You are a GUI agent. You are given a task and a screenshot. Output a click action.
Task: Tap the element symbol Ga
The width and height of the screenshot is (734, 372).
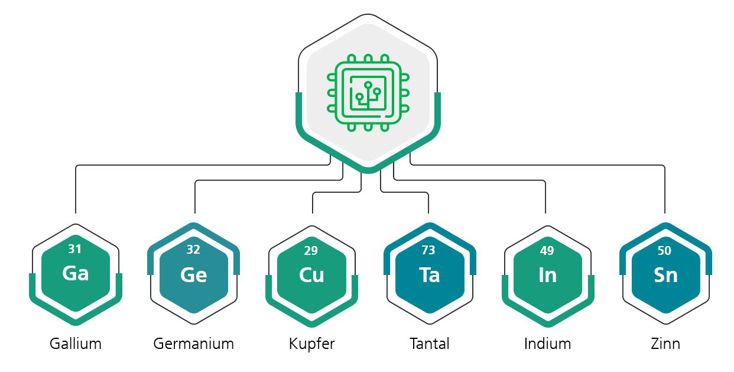76,273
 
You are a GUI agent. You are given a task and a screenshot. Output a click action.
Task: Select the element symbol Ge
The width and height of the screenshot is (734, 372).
194,275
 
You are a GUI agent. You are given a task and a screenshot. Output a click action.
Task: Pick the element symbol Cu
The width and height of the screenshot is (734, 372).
311,275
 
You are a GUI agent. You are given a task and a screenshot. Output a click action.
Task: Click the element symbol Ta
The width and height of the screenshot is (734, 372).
429,275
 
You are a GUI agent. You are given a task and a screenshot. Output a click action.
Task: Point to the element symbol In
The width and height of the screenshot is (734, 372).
547,275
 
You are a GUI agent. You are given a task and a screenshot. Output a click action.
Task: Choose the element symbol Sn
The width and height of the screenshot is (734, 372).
665,275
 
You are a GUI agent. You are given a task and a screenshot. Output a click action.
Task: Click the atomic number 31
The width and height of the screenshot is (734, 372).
75,249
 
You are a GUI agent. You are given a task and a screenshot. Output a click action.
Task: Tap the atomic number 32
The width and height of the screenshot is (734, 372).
193,250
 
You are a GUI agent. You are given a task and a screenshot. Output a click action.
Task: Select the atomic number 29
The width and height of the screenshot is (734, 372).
311,251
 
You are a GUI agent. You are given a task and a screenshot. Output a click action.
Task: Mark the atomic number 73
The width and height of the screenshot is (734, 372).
428,251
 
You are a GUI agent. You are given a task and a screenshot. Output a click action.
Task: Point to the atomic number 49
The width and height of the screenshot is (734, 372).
547,251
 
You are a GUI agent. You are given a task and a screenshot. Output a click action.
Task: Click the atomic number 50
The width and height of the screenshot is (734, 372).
664,251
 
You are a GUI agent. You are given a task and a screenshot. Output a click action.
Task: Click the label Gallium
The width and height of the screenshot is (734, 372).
76,344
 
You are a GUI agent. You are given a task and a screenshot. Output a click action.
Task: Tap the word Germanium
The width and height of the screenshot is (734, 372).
193,344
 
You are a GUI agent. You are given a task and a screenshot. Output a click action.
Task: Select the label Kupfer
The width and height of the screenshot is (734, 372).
311,344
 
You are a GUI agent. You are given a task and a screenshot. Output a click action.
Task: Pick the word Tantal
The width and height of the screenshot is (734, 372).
430,344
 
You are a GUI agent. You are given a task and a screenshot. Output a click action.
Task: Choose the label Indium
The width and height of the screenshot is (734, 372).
547,344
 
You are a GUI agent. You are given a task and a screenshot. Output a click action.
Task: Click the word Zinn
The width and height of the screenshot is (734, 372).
665,344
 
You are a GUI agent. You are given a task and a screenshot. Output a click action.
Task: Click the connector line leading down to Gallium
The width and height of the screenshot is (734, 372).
76,189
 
